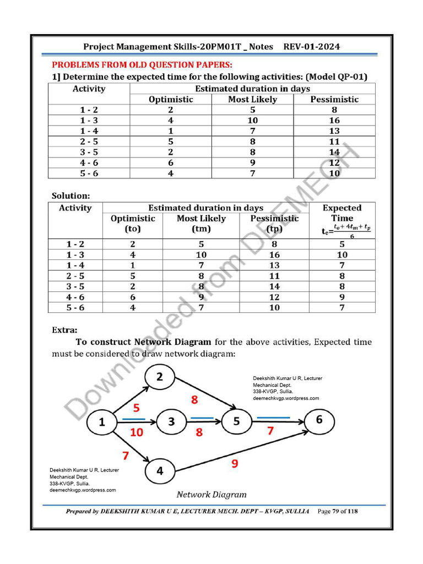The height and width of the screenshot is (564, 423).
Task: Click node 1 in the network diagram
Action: pos(101,423)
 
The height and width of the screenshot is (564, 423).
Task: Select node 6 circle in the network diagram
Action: pos(319,420)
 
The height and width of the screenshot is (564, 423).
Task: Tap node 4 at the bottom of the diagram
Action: pos(160,471)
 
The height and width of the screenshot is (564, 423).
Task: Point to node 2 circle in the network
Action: pos(160,377)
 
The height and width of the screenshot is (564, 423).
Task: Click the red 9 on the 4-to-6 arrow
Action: pos(235,464)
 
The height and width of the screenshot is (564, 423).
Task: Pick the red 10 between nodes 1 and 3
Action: pos(137,432)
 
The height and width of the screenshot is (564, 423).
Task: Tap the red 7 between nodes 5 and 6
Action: pos(270,431)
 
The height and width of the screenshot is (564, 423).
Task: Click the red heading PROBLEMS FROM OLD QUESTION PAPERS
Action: pos(142,64)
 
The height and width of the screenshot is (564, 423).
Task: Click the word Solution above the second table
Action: pos(70,196)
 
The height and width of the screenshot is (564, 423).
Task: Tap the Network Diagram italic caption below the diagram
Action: pos(211,494)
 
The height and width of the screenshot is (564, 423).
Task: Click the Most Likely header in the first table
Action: pos(252,99)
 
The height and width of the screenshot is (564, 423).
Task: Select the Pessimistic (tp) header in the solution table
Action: pos(274,223)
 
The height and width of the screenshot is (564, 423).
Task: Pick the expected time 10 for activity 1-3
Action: pos(342,255)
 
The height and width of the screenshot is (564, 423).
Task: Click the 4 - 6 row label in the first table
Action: pos(89,162)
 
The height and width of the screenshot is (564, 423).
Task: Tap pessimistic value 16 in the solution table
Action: pos(274,255)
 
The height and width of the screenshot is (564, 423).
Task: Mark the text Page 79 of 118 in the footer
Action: pos(338,511)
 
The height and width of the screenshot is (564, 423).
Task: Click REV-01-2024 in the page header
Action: pos(312,47)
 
